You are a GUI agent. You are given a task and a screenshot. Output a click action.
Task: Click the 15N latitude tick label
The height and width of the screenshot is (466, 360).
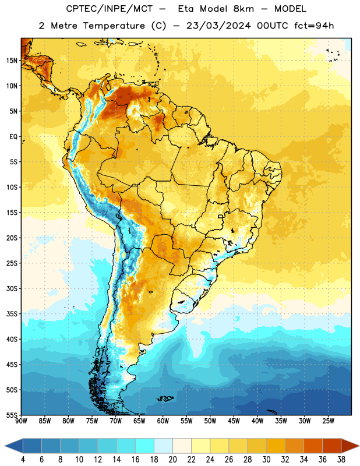[12, 61]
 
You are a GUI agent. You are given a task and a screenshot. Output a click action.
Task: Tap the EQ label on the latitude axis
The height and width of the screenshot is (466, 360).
[13, 137]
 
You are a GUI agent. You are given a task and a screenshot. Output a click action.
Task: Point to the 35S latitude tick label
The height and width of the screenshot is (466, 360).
[12, 314]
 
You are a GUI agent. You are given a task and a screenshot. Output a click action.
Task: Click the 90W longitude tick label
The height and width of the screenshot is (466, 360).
[22, 421]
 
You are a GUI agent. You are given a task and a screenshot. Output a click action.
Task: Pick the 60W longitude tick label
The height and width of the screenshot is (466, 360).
[163, 421]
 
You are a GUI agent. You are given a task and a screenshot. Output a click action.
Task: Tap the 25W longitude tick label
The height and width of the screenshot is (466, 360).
[328, 421]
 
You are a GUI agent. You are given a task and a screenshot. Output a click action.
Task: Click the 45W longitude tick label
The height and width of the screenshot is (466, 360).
[234, 421]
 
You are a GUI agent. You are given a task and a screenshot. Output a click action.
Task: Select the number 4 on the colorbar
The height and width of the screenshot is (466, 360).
[23, 460]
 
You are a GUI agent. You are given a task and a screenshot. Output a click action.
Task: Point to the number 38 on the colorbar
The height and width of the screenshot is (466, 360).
[341, 460]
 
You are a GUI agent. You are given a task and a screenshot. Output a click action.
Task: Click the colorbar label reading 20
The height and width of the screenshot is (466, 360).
[172, 460]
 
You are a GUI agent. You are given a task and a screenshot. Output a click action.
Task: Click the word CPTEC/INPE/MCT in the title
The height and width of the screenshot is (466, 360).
[110, 9]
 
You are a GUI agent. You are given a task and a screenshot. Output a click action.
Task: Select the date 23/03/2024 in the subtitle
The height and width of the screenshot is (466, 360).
[218, 26]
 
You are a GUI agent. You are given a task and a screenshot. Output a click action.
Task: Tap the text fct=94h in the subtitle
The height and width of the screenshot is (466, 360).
[314, 26]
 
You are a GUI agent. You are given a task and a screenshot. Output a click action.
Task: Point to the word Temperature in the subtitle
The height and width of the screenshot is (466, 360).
[114, 26]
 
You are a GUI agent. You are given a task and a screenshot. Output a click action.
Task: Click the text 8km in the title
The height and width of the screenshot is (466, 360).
[243, 9]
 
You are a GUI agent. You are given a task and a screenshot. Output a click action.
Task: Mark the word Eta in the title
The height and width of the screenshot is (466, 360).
[186, 9]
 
